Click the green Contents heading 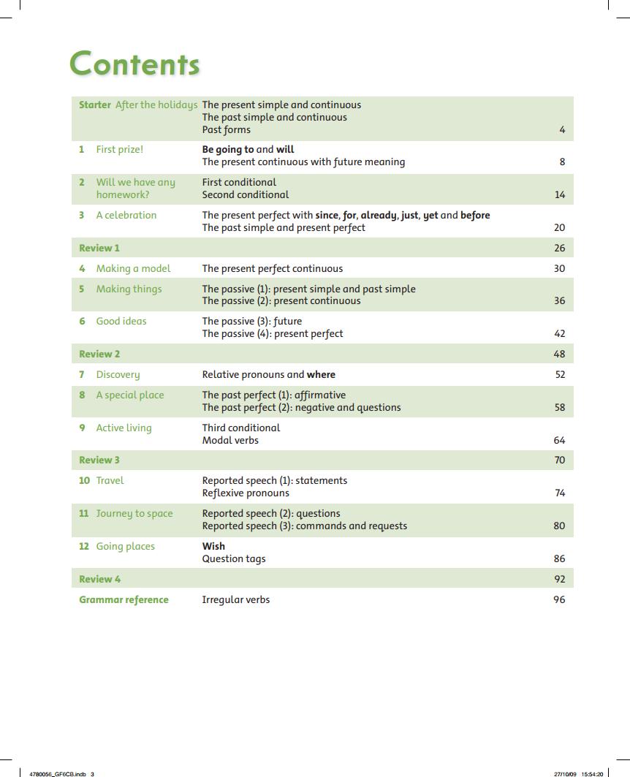[x=134, y=64]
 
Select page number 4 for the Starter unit [x=562, y=130]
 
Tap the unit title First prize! [x=120, y=150]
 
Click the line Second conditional [x=246, y=195]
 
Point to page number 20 [x=559, y=228]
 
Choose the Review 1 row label [x=99, y=249]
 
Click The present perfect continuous [x=272, y=269]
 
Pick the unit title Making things [x=129, y=289]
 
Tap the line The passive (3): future [x=251, y=322]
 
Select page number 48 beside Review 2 [x=559, y=355]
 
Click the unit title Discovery [x=118, y=375]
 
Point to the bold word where [x=321, y=375]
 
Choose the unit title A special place [x=130, y=395]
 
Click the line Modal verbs [x=230, y=441]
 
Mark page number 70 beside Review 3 [x=559, y=460]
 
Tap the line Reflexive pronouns [x=246, y=493]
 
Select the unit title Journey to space [x=134, y=514]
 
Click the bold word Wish [x=213, y=547]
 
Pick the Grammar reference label [x=124, y=600]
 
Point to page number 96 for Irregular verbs [x=559, y=600]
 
